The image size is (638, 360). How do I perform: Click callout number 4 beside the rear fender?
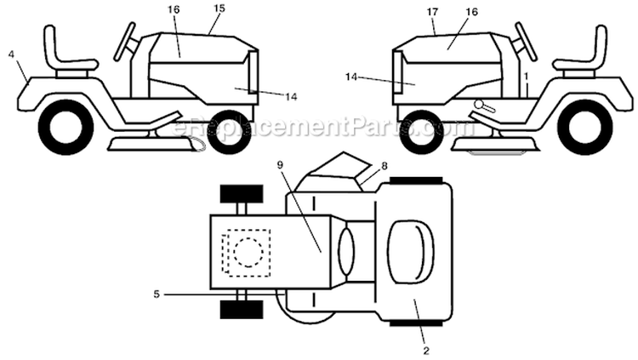11,54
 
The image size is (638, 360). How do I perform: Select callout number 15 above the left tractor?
219,9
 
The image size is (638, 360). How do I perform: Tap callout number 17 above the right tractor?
432,12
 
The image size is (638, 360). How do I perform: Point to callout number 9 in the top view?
280,165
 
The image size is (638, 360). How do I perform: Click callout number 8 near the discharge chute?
385,166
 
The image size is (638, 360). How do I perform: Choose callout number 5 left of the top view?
157,294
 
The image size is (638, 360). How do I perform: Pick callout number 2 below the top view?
426,351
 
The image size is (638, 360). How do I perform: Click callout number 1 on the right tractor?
526,76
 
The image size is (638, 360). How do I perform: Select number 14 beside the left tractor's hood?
291,97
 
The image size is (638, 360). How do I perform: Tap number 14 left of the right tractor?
351,76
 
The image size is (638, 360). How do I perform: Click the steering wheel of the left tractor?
124,42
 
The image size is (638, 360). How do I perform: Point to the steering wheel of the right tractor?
526,42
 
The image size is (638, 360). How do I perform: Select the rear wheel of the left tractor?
66,127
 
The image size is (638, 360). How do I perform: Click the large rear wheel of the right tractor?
585,127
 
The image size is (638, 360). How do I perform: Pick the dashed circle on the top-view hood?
248,253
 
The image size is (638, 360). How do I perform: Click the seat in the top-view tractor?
410,253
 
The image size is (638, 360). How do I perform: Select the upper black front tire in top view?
242,194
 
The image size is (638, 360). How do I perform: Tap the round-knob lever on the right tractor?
485,106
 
